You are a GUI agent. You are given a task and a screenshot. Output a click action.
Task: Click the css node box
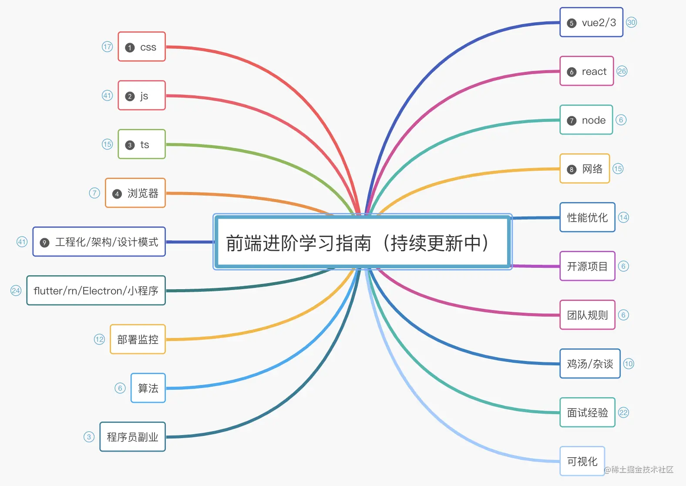coord(141,47)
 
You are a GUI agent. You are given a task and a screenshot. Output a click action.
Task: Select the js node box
coord(141,95)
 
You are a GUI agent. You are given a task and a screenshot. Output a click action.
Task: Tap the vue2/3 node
coord(591,22)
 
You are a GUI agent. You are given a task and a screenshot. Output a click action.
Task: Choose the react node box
coord(586,71)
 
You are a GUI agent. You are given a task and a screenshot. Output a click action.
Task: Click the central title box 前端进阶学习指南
coord(362,242)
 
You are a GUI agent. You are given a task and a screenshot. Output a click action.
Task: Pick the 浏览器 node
coord(135,193)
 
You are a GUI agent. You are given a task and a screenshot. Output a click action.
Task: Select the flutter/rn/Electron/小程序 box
coord(96,290)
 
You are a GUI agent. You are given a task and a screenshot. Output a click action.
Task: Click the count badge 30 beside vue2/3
coord(631,22)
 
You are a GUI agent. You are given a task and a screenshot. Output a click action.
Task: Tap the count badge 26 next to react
coord(622,71)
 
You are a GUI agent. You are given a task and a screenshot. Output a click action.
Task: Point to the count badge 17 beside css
coord(107,47)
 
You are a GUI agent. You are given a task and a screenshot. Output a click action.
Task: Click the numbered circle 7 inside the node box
coord(572,121)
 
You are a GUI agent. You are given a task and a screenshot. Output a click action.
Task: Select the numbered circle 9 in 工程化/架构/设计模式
coord(44,243)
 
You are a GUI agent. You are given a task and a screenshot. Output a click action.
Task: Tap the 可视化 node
coord(582,461)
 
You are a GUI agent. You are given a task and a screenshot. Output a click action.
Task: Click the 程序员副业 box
coord(132,437)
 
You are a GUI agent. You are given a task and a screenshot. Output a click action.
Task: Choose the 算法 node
coord(148,388)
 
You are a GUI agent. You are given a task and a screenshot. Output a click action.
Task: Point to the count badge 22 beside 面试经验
coord(623,412)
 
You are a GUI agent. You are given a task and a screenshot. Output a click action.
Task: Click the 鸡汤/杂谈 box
coord(590,364)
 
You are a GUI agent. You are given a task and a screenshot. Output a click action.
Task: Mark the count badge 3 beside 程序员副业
coord(89,437)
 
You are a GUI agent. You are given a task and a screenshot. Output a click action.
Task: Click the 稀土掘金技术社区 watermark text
coord(639,469)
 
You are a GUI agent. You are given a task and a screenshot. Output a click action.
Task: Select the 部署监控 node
coord(138,339)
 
